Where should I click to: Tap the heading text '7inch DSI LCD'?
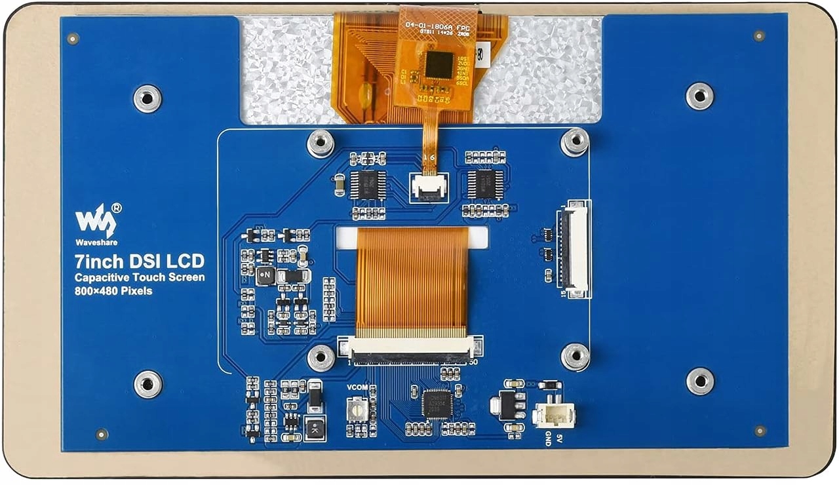138,261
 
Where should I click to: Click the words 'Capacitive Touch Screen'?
139,277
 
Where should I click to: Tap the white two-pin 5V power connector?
555,414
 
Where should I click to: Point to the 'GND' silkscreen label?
548,438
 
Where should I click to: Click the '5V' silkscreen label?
559,436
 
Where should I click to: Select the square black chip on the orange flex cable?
439,65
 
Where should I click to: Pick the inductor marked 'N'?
265,275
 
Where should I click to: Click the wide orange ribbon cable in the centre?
412,282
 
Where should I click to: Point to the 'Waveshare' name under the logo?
96,242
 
